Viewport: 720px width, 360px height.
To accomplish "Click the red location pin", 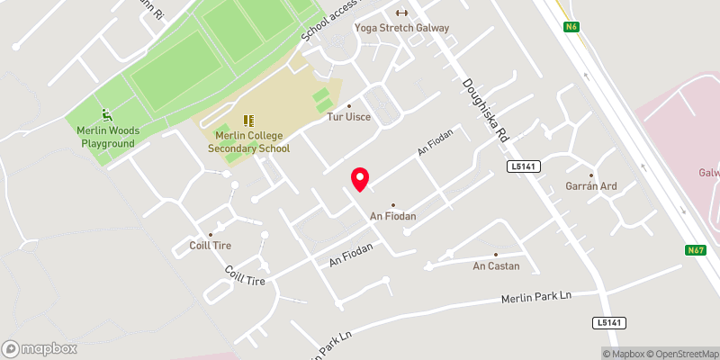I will pyautogui.click(x=359, y=179).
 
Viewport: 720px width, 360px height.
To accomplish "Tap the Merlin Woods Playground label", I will pyautogui.click(x=105, y=137).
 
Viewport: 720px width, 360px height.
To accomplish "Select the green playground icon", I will pyautogui.click(x=107, y=115).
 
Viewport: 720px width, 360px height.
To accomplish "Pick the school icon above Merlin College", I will pyautogui.click(x=249, y=121).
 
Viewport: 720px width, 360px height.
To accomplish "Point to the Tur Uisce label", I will pyautogui.click(x=348, y=117).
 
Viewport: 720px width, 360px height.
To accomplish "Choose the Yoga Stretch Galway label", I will pyautogui.click(x=401, y=27).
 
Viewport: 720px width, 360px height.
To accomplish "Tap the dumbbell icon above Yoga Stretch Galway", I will pyautogui.click(x=401, y=13).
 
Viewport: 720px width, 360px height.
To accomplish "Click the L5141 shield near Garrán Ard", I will pyautogui.click(x=522, y=166).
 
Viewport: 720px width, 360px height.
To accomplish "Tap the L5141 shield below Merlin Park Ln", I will pyautogui.click(x=608, y=322).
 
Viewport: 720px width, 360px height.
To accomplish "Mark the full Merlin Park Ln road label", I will pyautogui.click(x=536, y=296).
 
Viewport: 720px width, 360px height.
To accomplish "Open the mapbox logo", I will pyautogui.click(x=40, y=348).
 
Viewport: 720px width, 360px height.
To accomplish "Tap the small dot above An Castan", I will pyautogui.click(x=495, y=254).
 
